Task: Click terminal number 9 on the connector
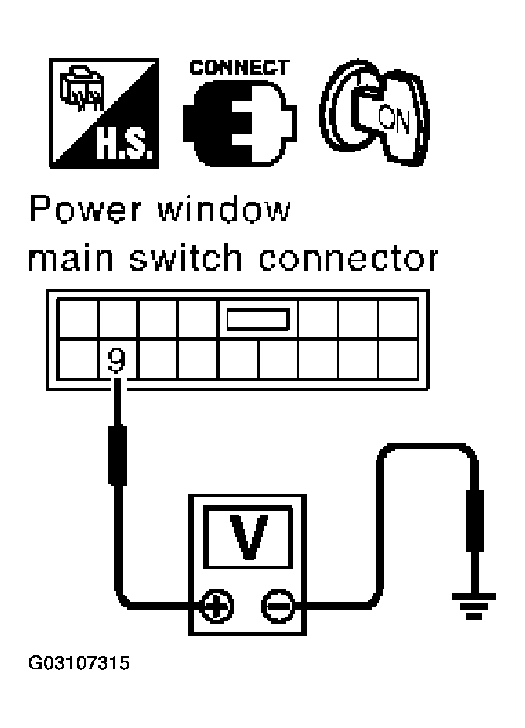click(x=116, y=361)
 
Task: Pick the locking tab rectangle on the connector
click(x=257, y=319)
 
